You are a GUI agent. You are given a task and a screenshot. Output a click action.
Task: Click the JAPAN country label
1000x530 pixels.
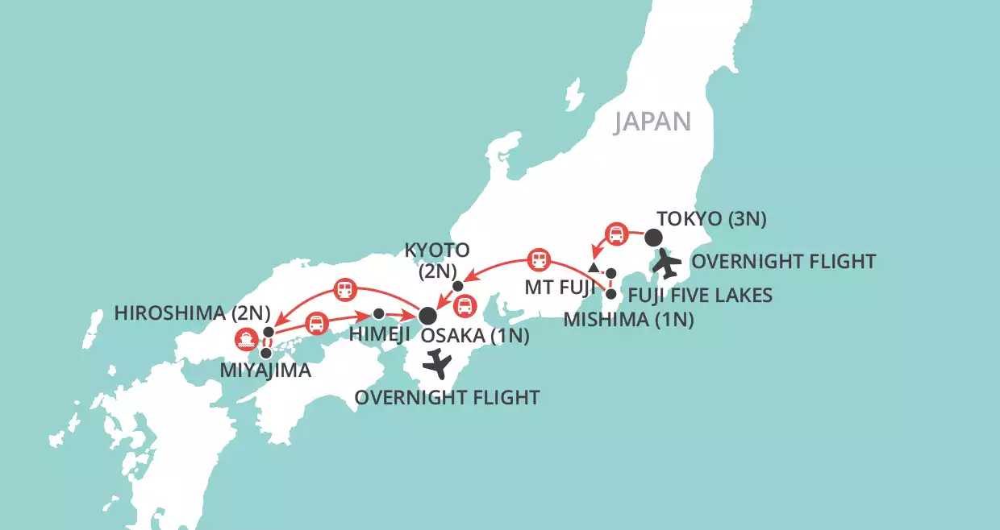(652, 121)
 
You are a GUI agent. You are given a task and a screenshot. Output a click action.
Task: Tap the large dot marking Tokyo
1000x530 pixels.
(652, 238)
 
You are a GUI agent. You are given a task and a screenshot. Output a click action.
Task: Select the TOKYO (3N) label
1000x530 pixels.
(711, 218)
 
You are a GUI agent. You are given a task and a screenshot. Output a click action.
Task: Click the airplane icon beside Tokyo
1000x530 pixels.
(668, 262)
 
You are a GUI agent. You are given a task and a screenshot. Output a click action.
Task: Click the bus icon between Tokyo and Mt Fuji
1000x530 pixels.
(616, 234)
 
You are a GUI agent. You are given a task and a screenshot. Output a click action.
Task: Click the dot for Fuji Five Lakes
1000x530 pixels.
(611, 273)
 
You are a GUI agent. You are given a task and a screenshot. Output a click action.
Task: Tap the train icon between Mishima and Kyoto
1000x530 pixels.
(538, 260)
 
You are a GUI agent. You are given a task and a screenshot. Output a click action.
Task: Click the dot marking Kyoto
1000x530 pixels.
(458, 286)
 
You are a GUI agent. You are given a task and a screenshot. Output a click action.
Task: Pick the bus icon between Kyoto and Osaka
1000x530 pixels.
(465, 305)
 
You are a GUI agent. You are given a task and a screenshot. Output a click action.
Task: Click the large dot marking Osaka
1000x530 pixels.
(427, 314)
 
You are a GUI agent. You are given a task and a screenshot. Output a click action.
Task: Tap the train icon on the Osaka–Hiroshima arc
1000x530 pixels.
(346, 288)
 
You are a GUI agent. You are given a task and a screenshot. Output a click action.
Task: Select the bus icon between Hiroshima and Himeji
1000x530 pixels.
(318, 322)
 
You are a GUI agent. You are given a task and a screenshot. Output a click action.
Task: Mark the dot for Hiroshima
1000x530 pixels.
(269, 332)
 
